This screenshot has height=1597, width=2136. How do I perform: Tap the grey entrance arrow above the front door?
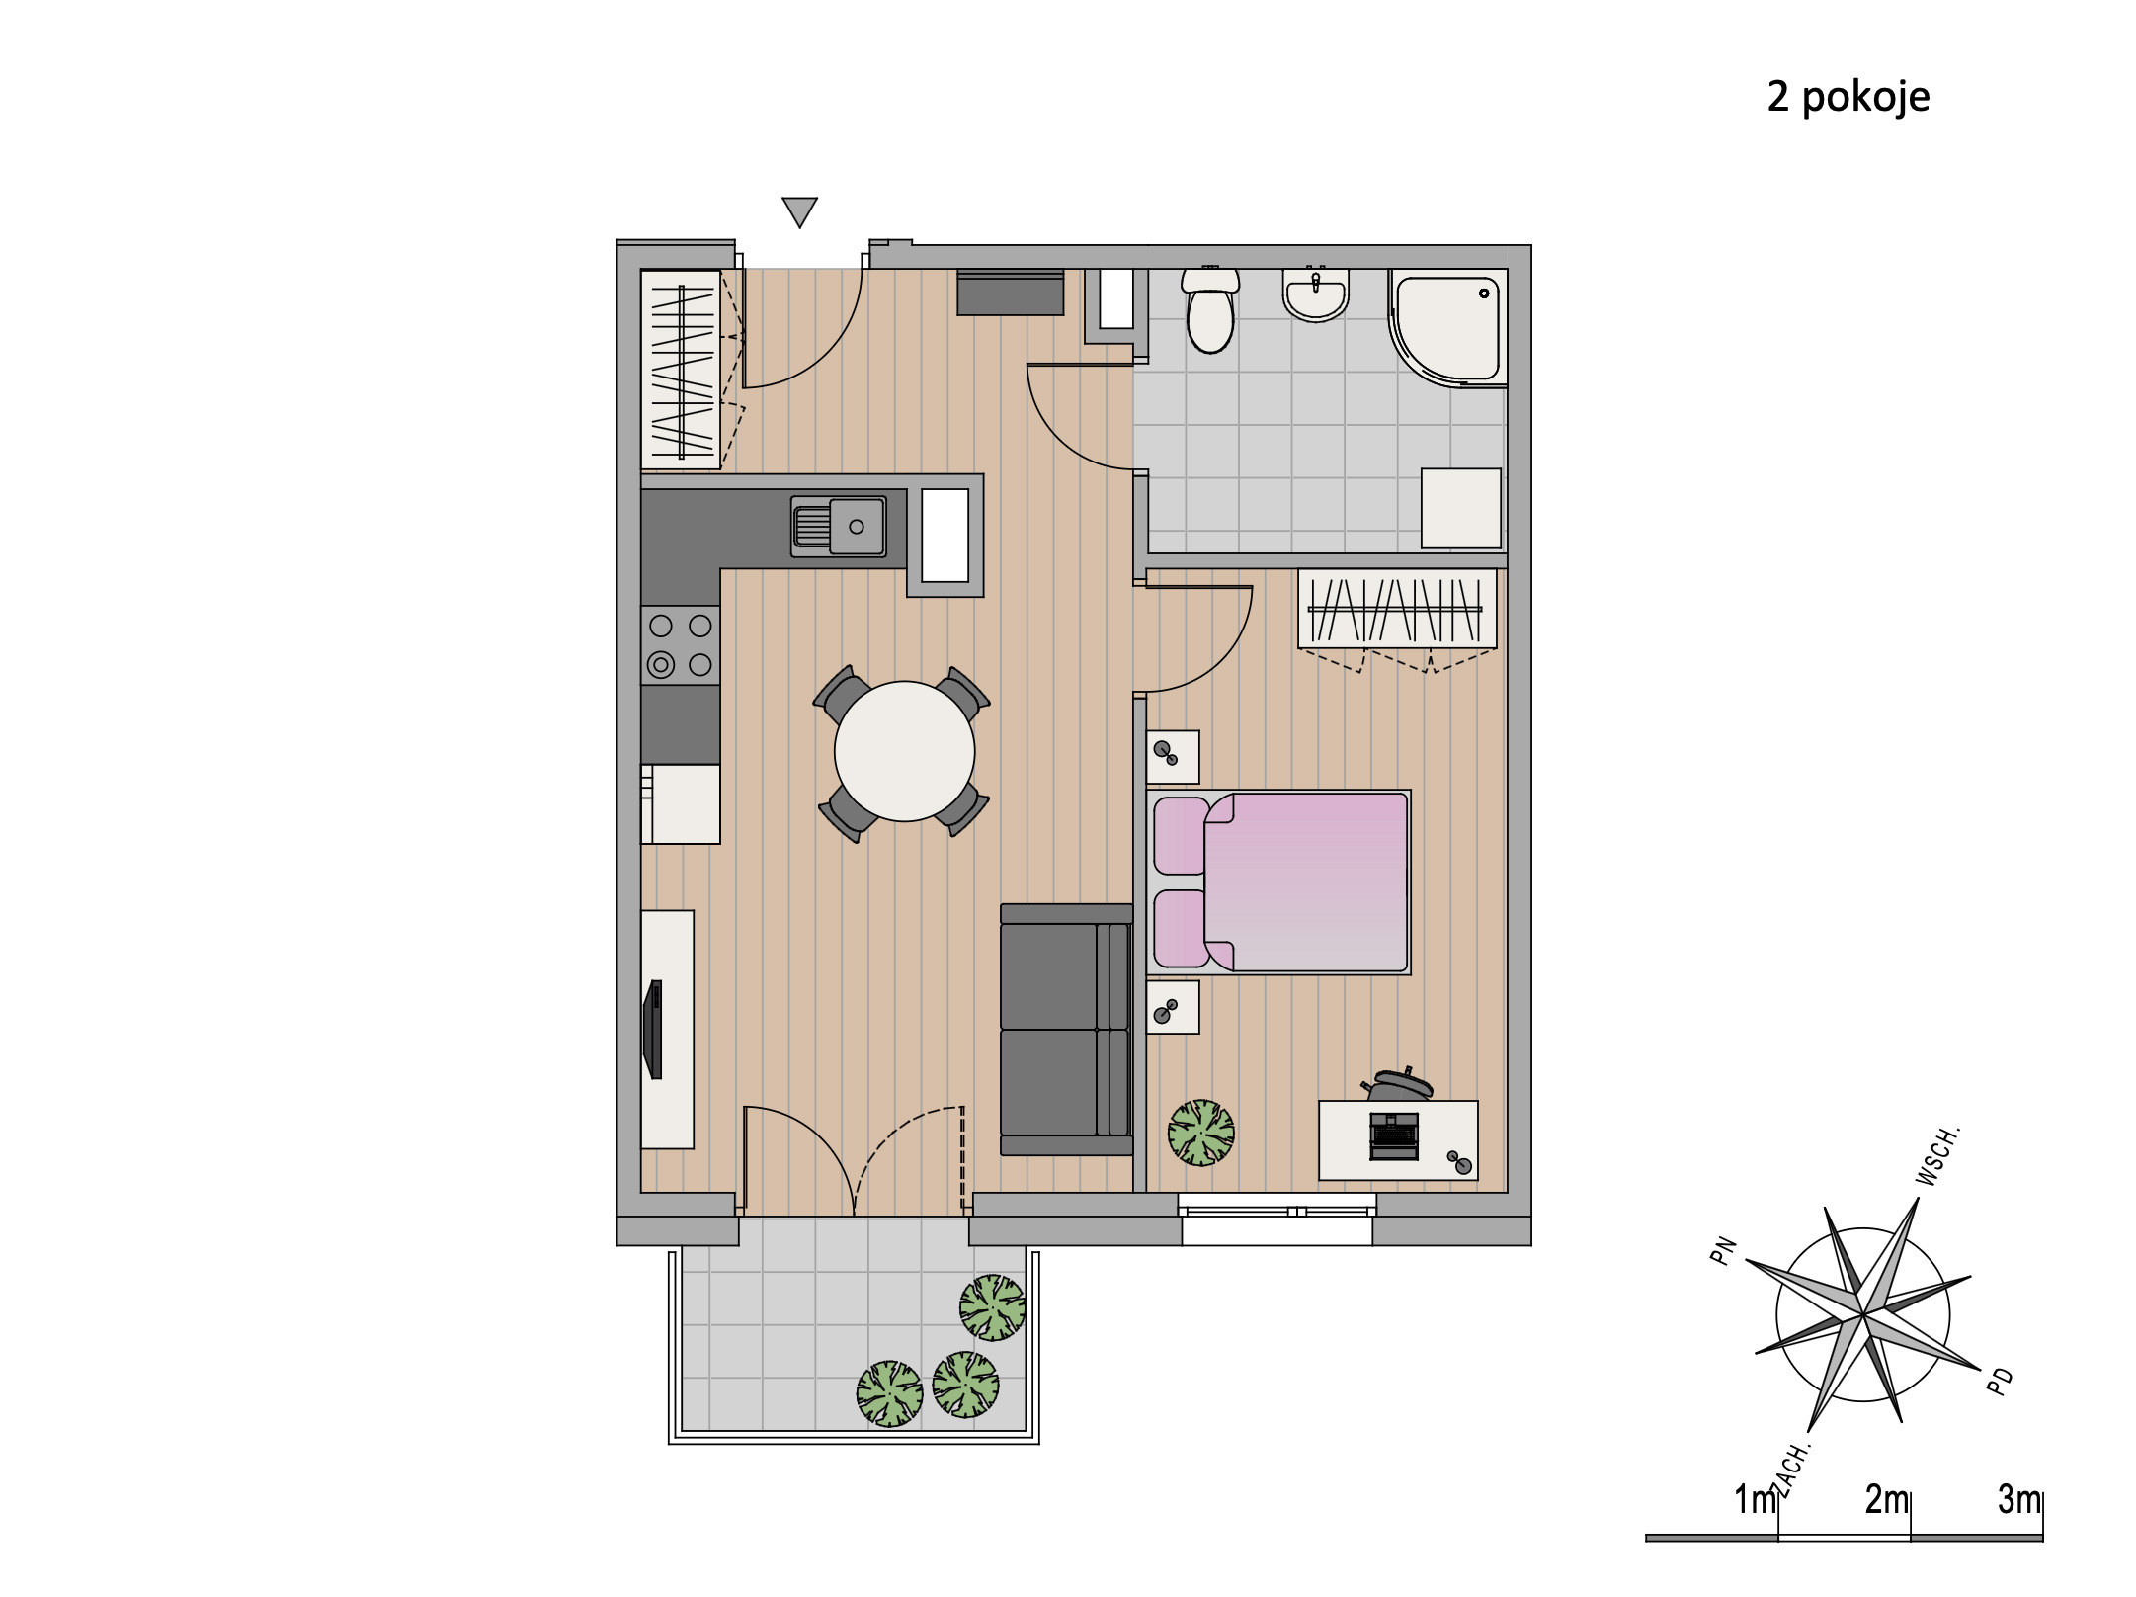tap(799, 211)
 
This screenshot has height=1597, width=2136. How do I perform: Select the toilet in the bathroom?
tap(1210, 308)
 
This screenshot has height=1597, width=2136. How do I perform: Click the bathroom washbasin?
tap(1315, 294)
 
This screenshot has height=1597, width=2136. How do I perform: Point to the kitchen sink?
tap(838, 526)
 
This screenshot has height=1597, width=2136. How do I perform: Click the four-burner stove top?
tap(681, 644)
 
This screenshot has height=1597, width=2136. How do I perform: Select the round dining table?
tap(904, 751)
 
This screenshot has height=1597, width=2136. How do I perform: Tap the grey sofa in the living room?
tap(1066, 1029)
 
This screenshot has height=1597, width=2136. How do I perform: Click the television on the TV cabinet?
tap(652, 1029)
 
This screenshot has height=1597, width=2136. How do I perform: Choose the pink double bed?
tap(1278, 883)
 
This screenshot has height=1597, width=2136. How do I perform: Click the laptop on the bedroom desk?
tap(1393, 1136)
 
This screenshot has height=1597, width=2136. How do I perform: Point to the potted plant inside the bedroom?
tap(1201, 1133)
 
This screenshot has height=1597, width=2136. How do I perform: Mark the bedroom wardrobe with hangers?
tap(1397, 611)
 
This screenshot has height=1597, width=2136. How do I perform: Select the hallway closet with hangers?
tap(681, 370)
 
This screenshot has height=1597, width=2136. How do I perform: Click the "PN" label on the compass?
tap(1723, 1252)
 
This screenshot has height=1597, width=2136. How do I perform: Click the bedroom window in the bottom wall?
tap(1277, 1219)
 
